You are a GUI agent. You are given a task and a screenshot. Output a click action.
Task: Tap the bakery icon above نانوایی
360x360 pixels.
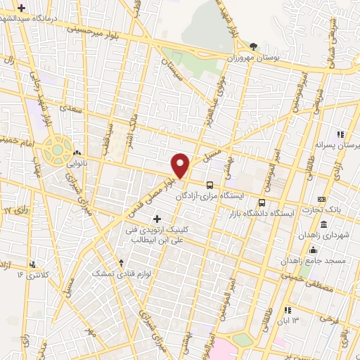tap(76, 151)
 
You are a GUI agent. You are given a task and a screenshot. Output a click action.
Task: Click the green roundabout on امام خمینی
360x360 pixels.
tap(54, 149)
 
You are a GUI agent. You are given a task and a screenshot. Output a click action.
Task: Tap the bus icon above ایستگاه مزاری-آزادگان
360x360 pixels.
tap(210, 185)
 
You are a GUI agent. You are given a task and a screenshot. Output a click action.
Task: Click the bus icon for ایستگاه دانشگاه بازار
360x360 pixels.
tap(262, 203)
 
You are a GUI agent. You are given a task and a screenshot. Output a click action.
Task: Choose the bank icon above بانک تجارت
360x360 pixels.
tap(323, 199)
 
